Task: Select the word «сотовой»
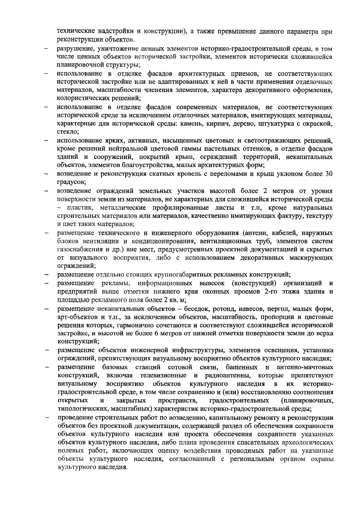(x=180, y=367)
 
